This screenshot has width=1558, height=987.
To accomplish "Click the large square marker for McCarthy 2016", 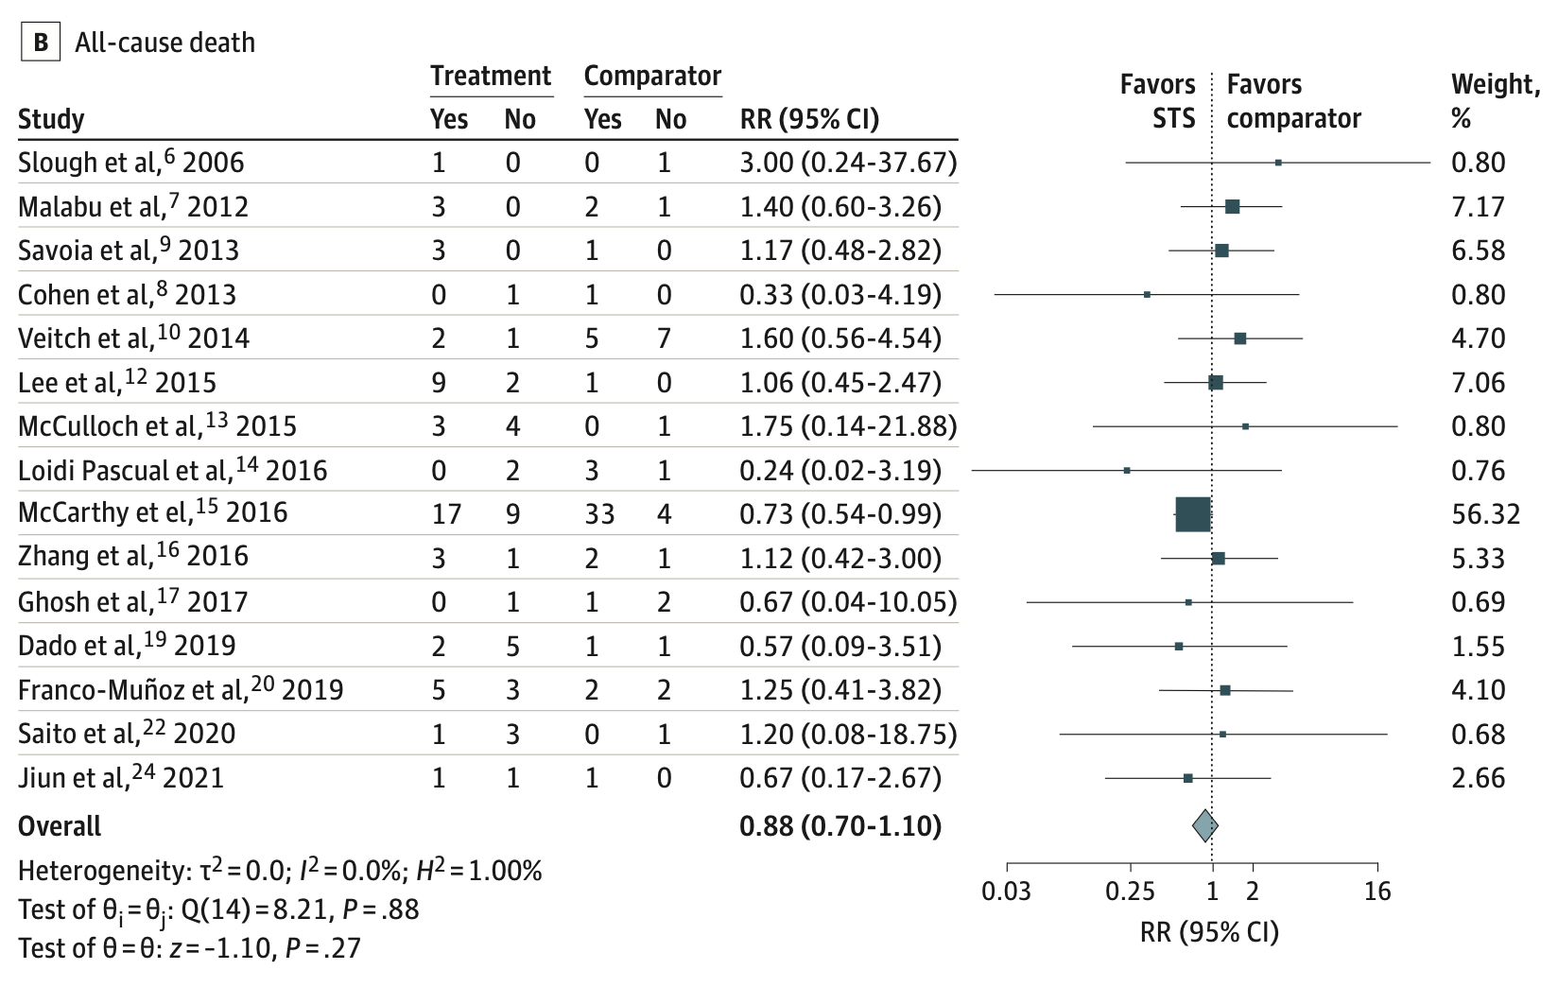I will tap(1192, 514).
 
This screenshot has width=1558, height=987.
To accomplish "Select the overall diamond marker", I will tap(1204, 825).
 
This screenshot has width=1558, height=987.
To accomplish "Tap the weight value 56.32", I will tap(1485, 514).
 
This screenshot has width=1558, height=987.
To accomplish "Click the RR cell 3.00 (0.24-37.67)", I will tap(847, 163).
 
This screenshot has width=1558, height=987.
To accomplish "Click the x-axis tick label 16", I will tap(1377, 891).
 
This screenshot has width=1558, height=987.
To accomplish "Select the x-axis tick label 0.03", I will tap(1006, 891).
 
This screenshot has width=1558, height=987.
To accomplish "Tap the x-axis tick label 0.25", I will tap(1131, 891).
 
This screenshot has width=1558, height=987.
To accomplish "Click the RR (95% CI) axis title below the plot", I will tap(1209, 932).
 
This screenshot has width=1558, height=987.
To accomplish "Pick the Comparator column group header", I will tap(652, 76).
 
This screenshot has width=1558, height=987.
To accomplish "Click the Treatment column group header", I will tap(491, 76).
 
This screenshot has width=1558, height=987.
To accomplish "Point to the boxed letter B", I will tap(41, 43).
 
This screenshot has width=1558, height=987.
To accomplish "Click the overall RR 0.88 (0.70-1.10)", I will tap(840, 826).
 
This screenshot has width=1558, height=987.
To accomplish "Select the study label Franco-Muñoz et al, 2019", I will tap(180, 689).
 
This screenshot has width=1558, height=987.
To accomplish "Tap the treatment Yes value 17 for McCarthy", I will tap(446, 514).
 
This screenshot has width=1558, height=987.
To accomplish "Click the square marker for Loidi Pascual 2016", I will tap(1127, 470).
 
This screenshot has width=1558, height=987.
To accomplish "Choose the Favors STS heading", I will tap(1157, 101).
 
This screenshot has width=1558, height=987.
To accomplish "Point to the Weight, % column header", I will tap(1495, 101).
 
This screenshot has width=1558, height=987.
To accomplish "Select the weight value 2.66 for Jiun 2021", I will tap(1478, 778).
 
